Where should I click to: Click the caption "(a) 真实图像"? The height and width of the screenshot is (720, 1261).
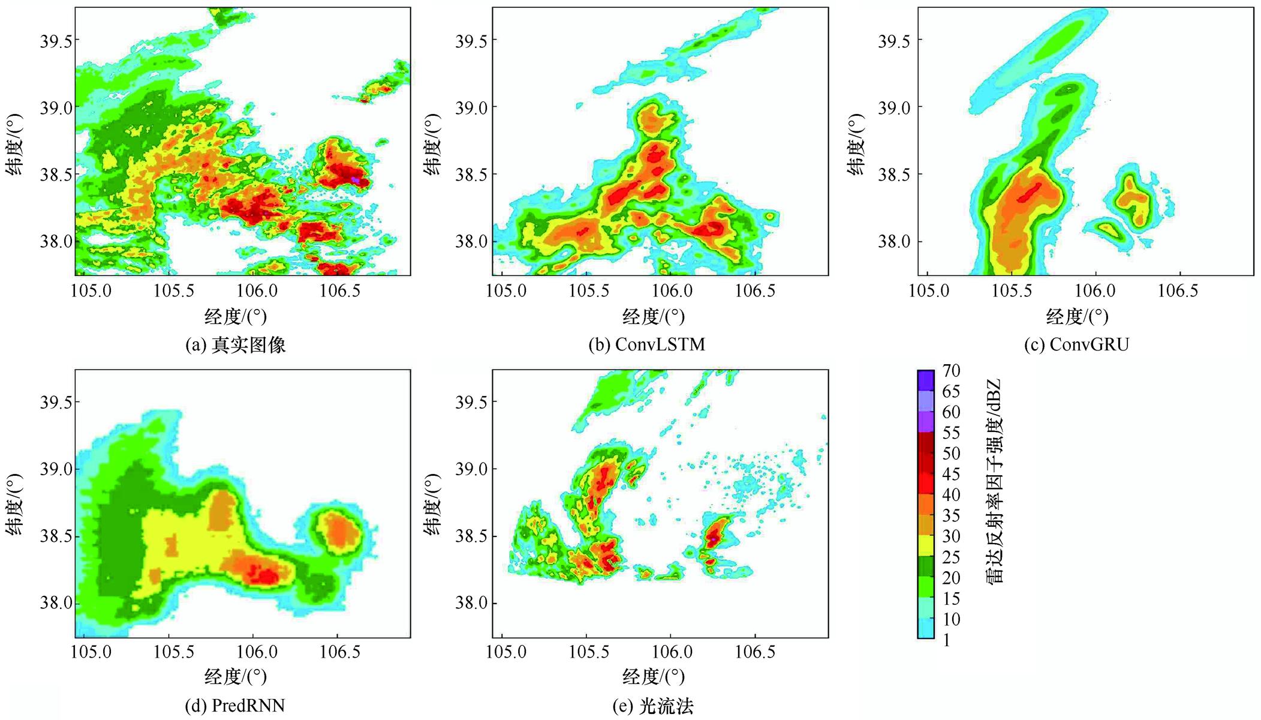coord(235,345)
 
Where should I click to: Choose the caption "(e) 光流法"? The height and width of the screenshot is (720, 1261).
coord(652,707)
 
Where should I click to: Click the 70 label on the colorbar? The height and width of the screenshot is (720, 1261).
coord(951,371)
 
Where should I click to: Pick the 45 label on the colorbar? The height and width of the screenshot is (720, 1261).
coord(951,475)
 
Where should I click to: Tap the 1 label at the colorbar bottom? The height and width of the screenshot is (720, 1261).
coord(946,641)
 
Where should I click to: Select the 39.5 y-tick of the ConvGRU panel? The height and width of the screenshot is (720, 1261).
coord(893,41)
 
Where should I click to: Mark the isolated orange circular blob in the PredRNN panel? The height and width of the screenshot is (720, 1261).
coord(338,531)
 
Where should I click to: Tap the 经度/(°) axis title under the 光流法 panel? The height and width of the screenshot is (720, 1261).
coord(654,677)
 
